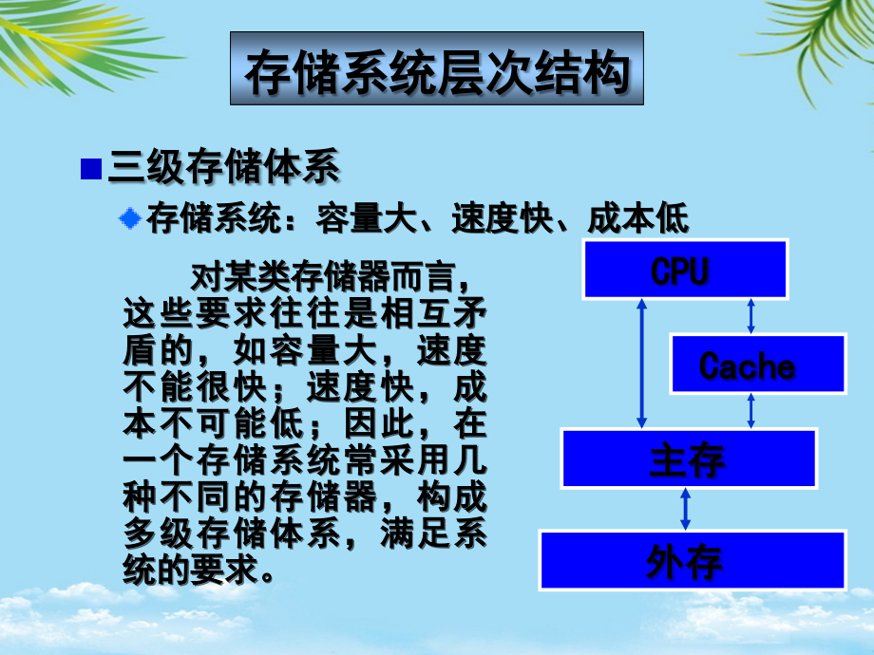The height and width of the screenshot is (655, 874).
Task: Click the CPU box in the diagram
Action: (684, 270)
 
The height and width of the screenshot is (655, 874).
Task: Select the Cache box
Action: (757, 364)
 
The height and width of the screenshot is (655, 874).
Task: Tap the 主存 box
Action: (688, 458)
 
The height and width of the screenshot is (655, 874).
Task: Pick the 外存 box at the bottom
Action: (692, 560)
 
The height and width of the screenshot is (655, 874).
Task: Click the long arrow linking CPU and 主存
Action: (642, 364)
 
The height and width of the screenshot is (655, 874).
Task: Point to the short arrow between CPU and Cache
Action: (750, 316)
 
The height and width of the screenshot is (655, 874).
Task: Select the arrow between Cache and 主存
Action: (750, 411)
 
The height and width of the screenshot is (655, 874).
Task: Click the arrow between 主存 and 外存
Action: (685, 510)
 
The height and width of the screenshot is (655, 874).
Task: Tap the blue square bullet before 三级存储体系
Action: (91, 169)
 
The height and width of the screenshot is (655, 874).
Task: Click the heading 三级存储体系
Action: (224, 169)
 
